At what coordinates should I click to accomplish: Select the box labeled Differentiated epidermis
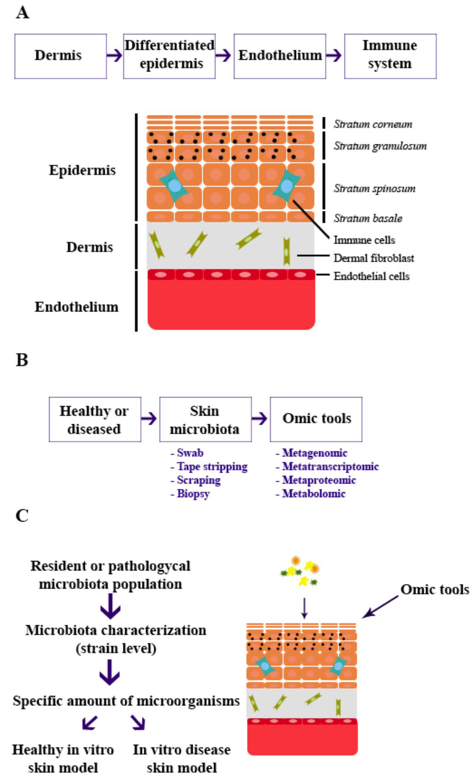click(169, 56)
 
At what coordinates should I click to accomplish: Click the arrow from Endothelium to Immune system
click(334, 56)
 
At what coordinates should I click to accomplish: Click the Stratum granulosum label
click(380, 146)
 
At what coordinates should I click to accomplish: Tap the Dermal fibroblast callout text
click(374, 258)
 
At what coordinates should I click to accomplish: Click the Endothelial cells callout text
click(371, 276)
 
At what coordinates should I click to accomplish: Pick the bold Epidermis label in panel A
click(82, 170)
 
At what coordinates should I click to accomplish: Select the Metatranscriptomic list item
click(330, 466)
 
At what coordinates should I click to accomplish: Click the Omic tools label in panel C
click(434, 590)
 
